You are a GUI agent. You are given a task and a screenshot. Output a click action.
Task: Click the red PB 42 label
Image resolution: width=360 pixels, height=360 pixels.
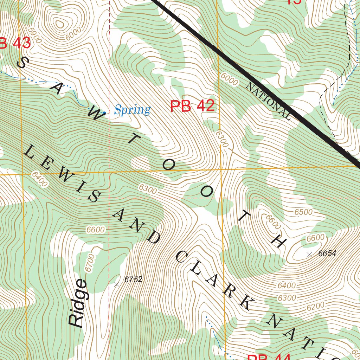192,106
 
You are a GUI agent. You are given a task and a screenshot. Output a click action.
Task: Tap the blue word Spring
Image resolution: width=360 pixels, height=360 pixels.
133,110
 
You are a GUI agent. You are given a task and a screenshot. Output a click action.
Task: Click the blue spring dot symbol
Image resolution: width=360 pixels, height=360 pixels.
104,113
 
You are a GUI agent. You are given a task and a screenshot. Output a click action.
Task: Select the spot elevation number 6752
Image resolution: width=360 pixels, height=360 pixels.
133,279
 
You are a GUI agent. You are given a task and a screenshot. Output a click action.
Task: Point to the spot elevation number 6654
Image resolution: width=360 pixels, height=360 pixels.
327,253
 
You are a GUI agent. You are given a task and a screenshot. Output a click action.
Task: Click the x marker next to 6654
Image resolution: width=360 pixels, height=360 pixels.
309,255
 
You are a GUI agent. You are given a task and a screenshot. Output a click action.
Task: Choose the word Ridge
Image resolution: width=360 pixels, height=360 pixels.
78,303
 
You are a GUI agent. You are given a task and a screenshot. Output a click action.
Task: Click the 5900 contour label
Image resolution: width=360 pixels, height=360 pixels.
35,35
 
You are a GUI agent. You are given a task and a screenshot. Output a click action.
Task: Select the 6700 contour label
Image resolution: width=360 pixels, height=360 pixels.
90,263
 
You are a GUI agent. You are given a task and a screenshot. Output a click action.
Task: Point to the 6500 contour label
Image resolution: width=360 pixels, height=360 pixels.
303,212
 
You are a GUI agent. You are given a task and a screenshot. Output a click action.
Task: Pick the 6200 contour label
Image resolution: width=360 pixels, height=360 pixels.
315,307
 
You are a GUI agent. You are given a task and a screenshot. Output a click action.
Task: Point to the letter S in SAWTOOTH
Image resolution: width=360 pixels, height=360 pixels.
22,63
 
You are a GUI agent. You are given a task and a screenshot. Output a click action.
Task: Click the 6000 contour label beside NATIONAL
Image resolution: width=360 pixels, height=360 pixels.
229,80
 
